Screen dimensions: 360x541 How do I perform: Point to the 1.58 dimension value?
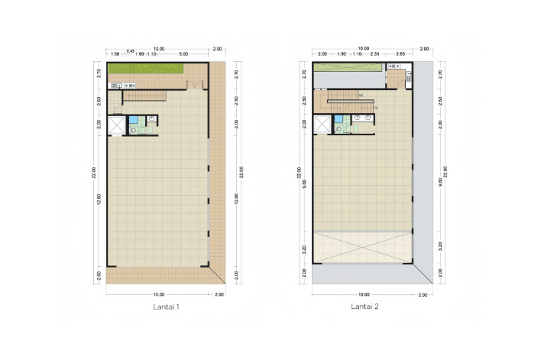click(x=115, y=54)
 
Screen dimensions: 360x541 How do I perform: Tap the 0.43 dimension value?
click(x=131, y=50)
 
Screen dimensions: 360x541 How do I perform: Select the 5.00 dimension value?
click(x=184, y=54)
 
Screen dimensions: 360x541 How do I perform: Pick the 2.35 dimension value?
click(x=375, y=54)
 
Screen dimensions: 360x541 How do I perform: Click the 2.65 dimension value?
click(x=401, y=54)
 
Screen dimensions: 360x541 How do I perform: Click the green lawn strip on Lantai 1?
click(x=145, y=70)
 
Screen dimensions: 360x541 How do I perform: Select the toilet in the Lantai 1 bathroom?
click(x=134, y=131)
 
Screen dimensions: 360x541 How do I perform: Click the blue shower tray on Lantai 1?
click(x=134, y=120)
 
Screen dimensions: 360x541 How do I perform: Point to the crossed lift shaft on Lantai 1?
click(x=117, y=124)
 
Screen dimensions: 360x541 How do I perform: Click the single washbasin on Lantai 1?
click(x=151, y=118)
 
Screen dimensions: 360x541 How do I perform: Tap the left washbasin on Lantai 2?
click(x=358, y=119)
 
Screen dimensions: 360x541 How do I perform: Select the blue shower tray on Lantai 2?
click(x=340, y=120)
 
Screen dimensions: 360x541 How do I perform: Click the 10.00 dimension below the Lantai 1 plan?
click(x=158, y=294)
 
